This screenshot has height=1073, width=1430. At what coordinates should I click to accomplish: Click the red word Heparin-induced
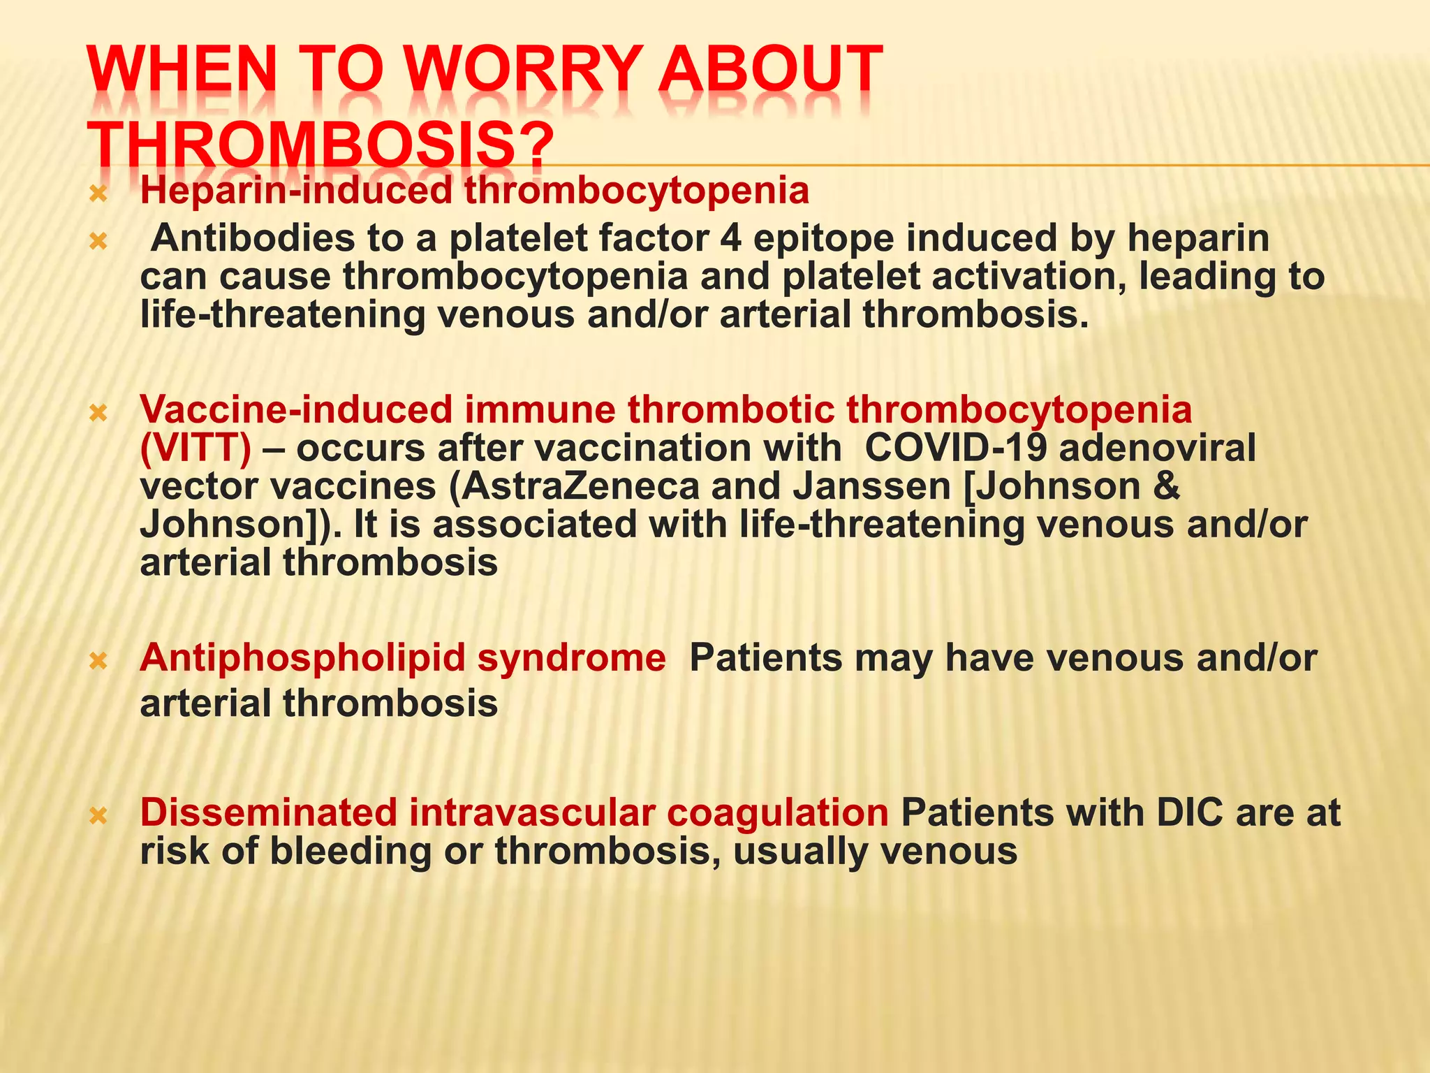click(297, 191)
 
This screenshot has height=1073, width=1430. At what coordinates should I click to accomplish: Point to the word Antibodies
click(253, 238)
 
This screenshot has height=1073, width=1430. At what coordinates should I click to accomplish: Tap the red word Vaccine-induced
click(296, 409)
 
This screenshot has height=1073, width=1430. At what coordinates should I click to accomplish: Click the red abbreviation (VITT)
click(196, 448)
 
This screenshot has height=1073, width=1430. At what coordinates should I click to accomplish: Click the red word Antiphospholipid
click(302, 659)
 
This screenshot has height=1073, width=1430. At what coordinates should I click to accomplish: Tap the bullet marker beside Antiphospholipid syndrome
click(98, 660)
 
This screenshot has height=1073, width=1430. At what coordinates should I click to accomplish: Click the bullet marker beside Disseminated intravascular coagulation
click(98, 815)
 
